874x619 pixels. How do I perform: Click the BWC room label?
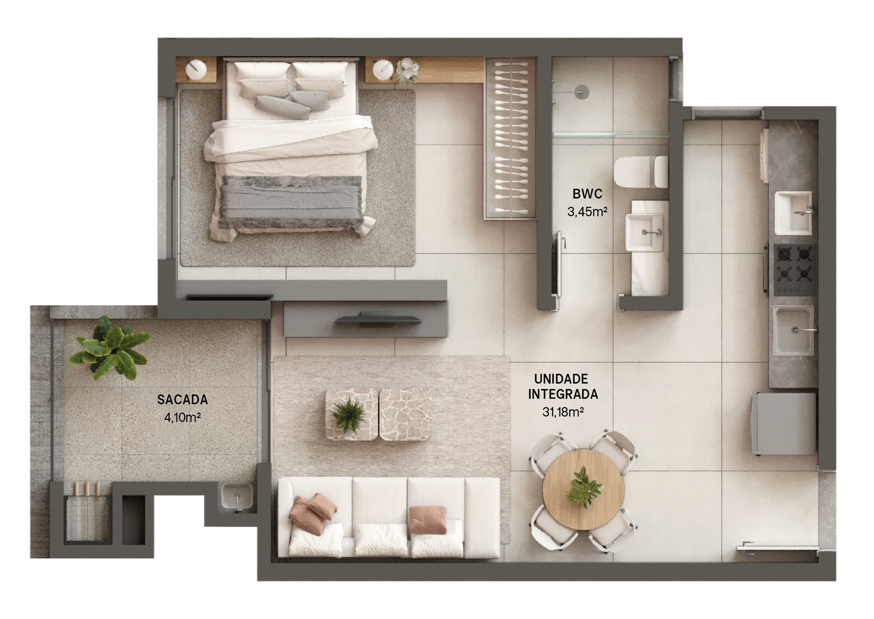tap(587, 194)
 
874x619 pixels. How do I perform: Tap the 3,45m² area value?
tap(587, 212)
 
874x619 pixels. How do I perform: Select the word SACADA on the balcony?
tap(182, 400)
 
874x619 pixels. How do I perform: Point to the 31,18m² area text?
tap(563, 412)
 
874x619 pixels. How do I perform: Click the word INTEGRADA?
tap(563, 394)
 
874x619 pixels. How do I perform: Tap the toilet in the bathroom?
tap(641, 172)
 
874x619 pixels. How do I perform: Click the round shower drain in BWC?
tap(582, 92)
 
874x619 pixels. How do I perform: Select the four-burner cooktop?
tap(794, 269)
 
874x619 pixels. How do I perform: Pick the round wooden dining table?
tap(583, 490)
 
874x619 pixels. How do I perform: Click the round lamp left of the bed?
tap(196, 69)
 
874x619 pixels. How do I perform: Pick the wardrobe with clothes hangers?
tap(511, 138)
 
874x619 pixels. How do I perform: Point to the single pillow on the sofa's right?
tap(428, 520)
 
